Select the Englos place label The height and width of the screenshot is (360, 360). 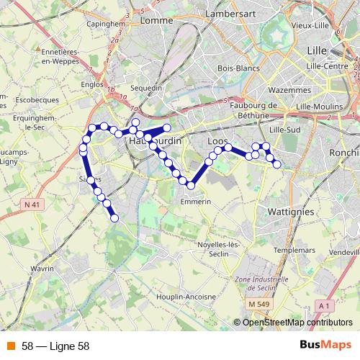pos(94,84)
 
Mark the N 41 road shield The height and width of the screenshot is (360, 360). pos(31,204)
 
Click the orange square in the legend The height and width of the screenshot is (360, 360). pos(11,346)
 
